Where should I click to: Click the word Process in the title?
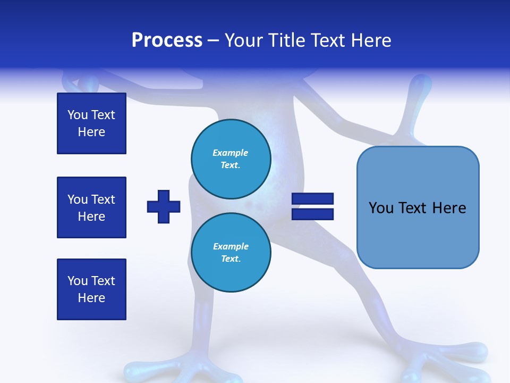167,40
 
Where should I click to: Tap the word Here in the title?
370,40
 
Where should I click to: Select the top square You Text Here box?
91,123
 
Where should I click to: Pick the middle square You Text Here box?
91,207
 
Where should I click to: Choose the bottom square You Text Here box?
91,289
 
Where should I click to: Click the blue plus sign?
164,206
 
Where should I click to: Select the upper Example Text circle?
231,159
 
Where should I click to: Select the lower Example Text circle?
231,253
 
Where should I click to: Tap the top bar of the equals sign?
312,199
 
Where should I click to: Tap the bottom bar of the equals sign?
312,214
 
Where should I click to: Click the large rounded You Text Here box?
418,207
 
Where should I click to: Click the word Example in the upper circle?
231,153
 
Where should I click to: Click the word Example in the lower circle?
231,246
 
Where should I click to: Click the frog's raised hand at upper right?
420,88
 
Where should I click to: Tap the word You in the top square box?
77,115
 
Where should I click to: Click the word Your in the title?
243,40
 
